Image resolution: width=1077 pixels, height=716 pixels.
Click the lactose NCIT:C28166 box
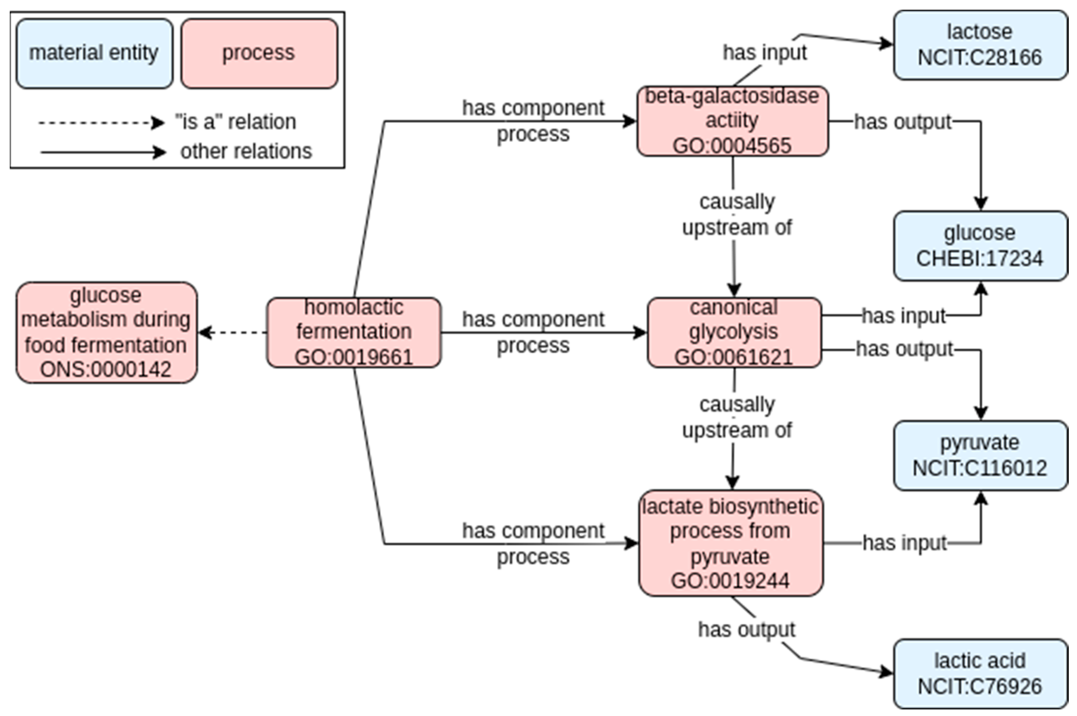[980, 45]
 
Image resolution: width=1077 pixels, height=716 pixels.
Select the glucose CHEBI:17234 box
[980, 245]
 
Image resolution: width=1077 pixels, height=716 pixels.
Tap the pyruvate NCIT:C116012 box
[980, 455]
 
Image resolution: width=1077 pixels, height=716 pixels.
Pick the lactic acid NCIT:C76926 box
[980, 674]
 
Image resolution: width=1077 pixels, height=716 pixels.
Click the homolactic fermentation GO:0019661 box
[354, 332]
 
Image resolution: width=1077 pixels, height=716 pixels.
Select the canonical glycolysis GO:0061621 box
[734, 332]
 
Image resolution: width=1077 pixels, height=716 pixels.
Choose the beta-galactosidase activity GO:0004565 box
[732, 121]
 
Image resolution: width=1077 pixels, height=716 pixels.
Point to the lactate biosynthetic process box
[730, 543]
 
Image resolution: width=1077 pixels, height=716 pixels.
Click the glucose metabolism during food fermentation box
[106, 332]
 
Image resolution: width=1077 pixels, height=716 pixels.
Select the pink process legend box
[259, 53]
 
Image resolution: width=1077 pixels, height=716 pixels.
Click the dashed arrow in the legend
[100, 122]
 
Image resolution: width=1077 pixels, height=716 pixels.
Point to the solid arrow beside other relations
[103, 152]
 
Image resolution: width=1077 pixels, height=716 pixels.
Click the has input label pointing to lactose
[765, 52]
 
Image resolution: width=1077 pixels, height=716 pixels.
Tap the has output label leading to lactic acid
[746, 629]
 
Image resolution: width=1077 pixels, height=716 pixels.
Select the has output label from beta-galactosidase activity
[903, 122]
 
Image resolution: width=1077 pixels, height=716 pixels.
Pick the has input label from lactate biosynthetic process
[904, 543]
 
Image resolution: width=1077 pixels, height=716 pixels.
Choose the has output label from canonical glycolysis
[904, 349]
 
